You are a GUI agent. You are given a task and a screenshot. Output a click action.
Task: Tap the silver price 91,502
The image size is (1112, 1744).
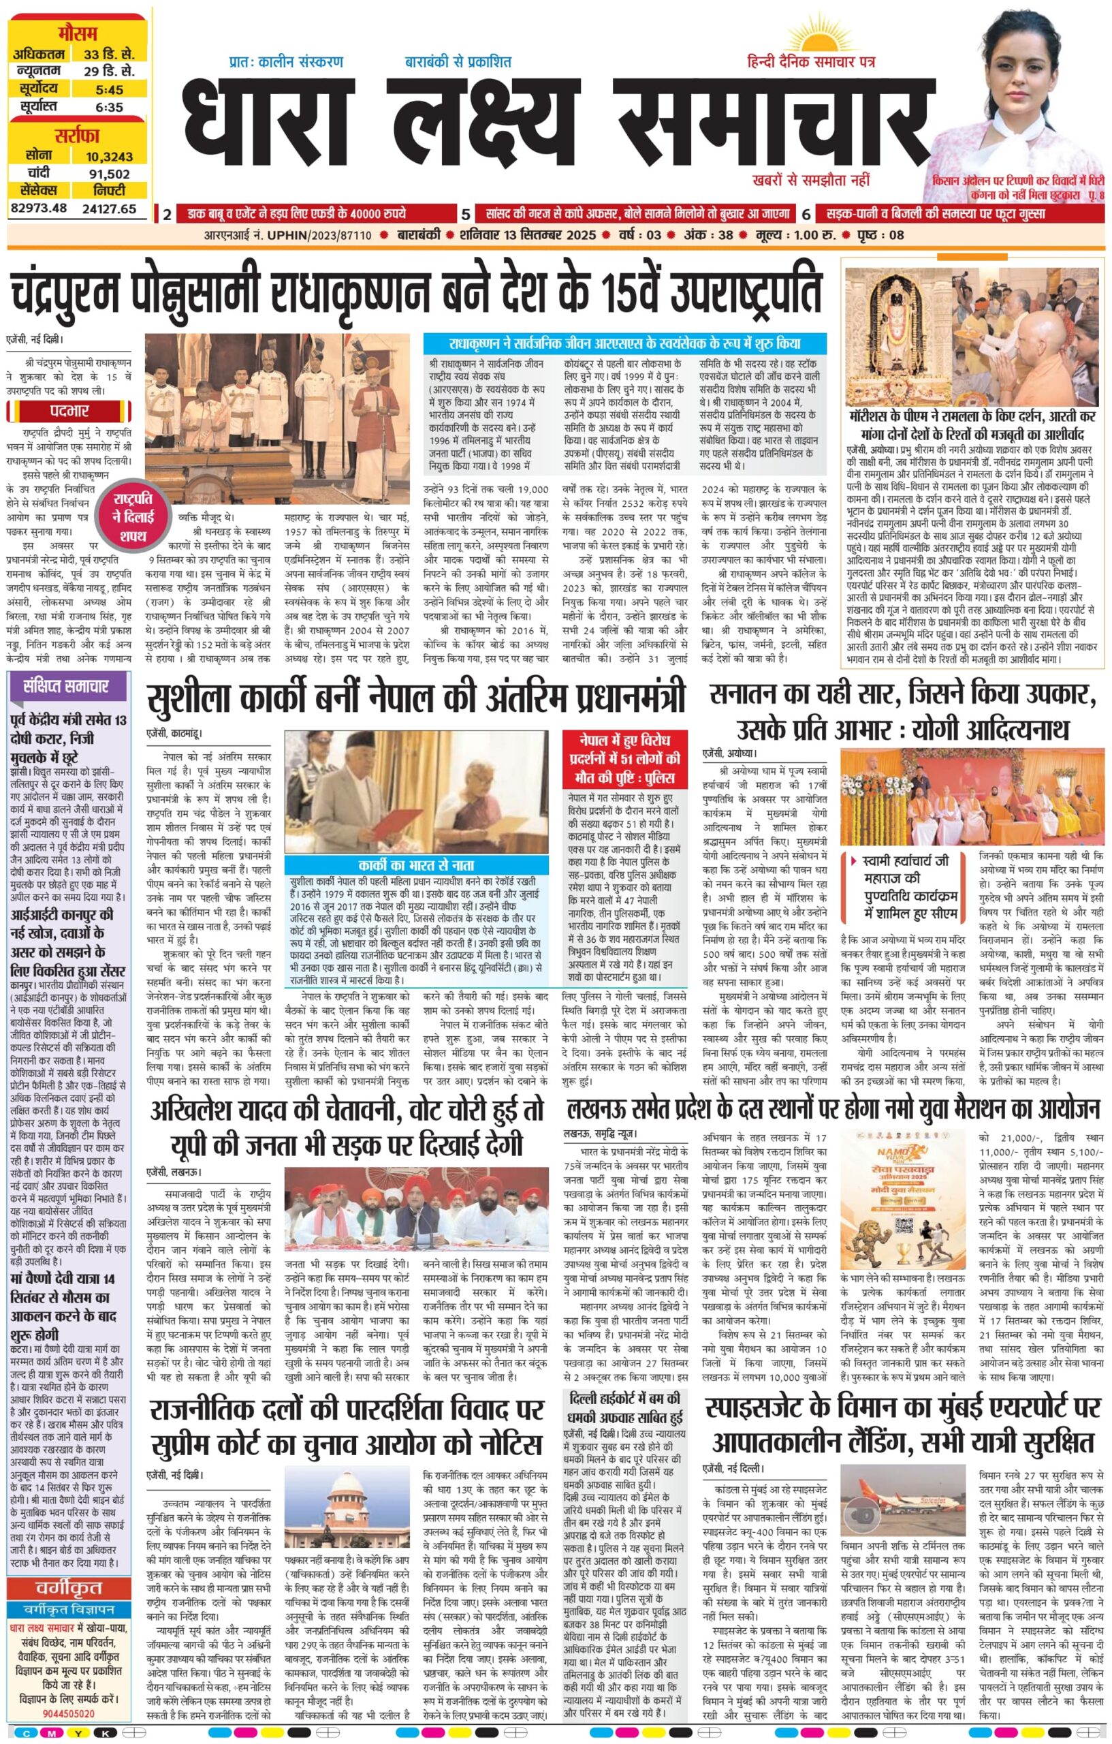point(108,174)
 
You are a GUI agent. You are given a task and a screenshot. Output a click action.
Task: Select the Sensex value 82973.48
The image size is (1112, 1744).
point(38,208)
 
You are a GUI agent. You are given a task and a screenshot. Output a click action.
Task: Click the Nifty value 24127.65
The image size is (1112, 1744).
point(108,208)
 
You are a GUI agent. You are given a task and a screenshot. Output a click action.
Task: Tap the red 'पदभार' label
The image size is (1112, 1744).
point(69,411)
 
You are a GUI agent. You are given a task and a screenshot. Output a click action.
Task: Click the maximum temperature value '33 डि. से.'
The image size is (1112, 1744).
point(108,55)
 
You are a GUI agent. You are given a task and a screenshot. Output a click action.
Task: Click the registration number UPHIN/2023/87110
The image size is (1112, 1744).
point(329,236)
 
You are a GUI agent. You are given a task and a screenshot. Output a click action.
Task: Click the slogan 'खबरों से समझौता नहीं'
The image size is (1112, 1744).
point(811,180)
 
